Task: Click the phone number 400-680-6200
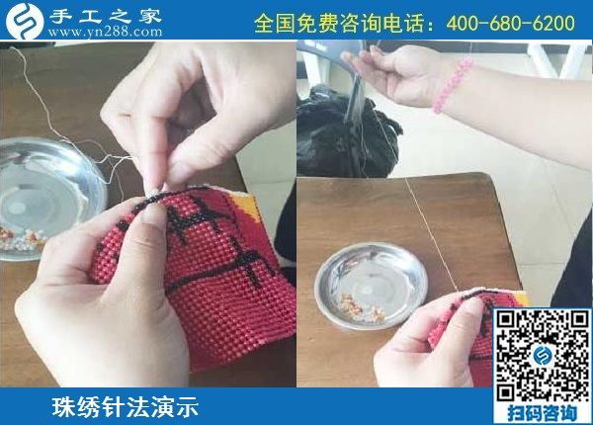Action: pos(510,22)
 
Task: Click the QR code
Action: pos(542,352)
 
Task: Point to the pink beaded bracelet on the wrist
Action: pos(453,85)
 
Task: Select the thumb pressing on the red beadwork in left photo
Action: pos(148,237)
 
